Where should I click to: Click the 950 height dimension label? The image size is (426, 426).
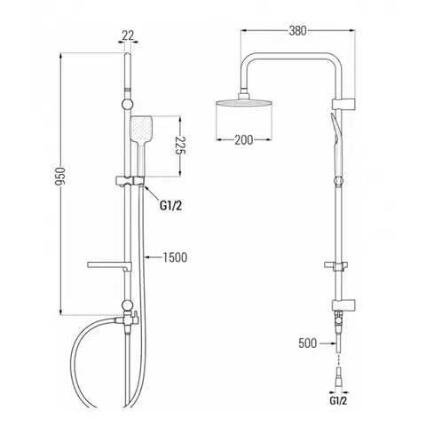coord(60,177)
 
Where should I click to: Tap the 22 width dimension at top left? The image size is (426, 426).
coord(128,35)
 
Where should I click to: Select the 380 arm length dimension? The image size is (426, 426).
coord(297,31)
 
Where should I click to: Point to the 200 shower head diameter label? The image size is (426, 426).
coord(244,140)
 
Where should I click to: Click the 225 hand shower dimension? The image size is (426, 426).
coord(180,146)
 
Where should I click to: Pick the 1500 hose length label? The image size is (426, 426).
coord(175,257)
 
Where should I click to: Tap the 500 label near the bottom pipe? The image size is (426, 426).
coord(308,343)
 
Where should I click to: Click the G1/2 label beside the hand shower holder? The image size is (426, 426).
coord(170,206)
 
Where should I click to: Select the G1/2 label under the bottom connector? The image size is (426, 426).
coord(338,401)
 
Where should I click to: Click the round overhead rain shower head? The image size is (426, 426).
coord(244,103)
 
